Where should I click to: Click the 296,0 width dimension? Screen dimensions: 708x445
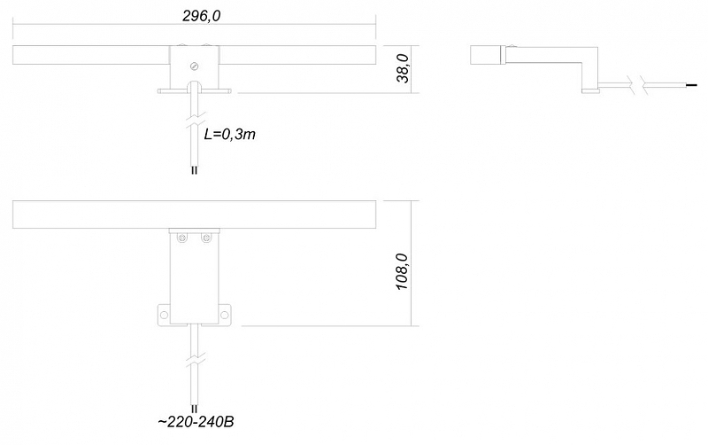click(202, 16)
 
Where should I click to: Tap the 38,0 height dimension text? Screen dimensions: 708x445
click(403, 68)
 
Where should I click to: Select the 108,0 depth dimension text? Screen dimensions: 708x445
click(402, 272)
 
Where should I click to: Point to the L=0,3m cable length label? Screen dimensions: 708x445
click(230, 135)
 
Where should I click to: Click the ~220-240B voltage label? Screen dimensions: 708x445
click(196, 422)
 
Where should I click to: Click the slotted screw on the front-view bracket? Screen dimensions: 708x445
click(195, 66)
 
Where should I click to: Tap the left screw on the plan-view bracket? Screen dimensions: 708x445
click(182, 238)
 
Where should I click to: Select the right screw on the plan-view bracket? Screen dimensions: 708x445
click(206, 238)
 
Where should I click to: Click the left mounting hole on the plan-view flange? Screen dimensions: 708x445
click(164, 315)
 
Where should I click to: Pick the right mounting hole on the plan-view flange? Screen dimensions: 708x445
click(225, 315)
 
